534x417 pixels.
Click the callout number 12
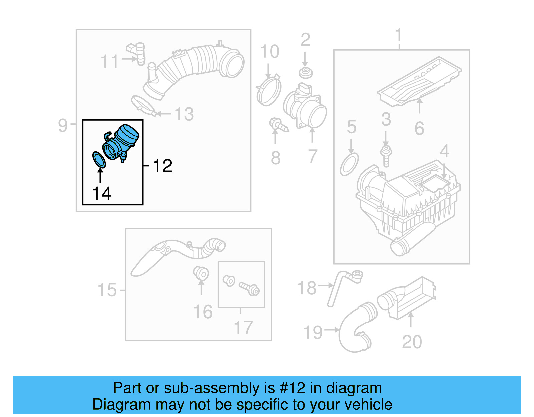163,166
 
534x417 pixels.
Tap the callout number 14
102,194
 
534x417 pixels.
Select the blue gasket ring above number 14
99,160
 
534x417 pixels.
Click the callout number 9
63,126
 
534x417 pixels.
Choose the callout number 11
109,62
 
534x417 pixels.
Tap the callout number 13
184,114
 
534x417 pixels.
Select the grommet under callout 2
305,73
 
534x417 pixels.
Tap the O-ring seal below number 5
349,164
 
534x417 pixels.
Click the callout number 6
419,128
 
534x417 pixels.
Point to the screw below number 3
386,156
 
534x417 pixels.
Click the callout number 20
412,342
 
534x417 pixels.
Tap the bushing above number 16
201,273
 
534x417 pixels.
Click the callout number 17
243,328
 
